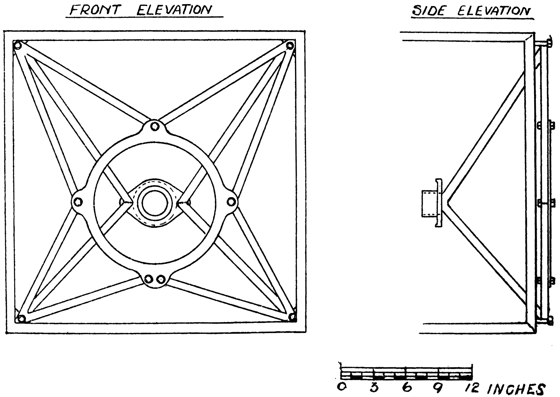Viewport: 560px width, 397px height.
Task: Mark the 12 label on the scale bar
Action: tap(472, 388)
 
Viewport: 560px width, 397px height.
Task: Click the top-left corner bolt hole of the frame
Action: tap(18, 46)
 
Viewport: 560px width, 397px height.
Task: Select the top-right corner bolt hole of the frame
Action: tap(290, 46)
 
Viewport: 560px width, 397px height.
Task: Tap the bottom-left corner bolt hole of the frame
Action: tap(21, 319)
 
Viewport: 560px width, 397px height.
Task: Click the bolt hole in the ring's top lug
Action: tap(155, 127)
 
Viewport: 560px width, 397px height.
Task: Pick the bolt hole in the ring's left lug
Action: tap(78, 202)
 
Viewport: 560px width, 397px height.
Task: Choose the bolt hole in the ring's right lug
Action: tap(231, 202)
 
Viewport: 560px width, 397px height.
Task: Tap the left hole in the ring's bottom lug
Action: tap(149, 278)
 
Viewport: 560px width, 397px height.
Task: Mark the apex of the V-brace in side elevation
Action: tap(448, 202)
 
